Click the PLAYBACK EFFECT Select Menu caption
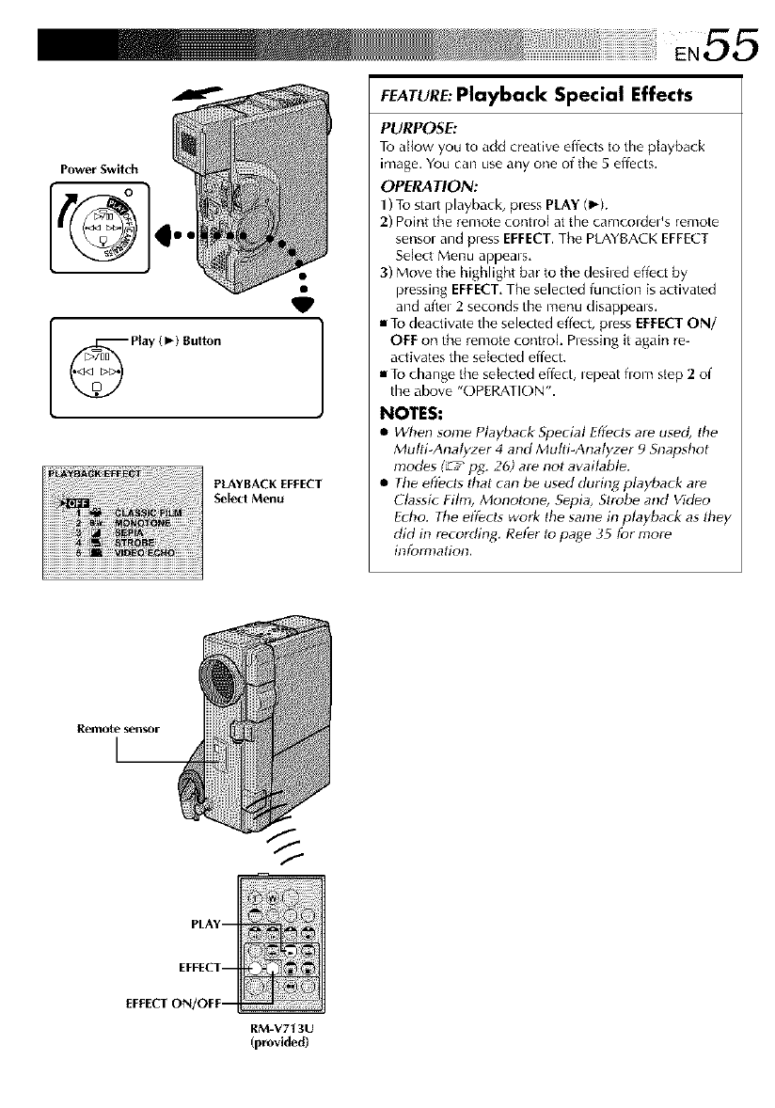click(268, 490)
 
